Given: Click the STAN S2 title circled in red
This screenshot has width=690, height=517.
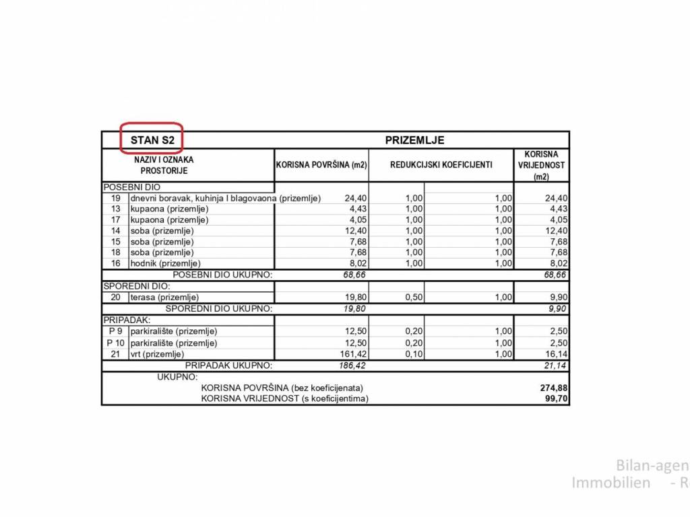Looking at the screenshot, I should (152, 140).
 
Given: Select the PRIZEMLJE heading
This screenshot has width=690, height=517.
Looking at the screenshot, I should (414, 140).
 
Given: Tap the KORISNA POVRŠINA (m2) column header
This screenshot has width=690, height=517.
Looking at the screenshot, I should (321, 165).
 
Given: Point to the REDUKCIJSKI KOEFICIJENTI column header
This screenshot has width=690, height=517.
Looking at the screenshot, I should (441, 165).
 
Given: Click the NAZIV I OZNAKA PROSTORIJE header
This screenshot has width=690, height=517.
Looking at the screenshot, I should (164, 165).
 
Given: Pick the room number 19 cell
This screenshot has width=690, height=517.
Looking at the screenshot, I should (115, 199).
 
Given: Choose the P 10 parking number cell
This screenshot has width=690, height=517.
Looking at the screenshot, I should (115, 343).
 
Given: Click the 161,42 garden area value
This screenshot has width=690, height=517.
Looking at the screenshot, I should (351, 354).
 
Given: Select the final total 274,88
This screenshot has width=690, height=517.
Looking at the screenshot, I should (554, 388).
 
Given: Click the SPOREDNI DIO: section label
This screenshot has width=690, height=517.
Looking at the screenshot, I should (132, 286).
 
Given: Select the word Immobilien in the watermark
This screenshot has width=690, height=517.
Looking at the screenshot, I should (610, 483).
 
